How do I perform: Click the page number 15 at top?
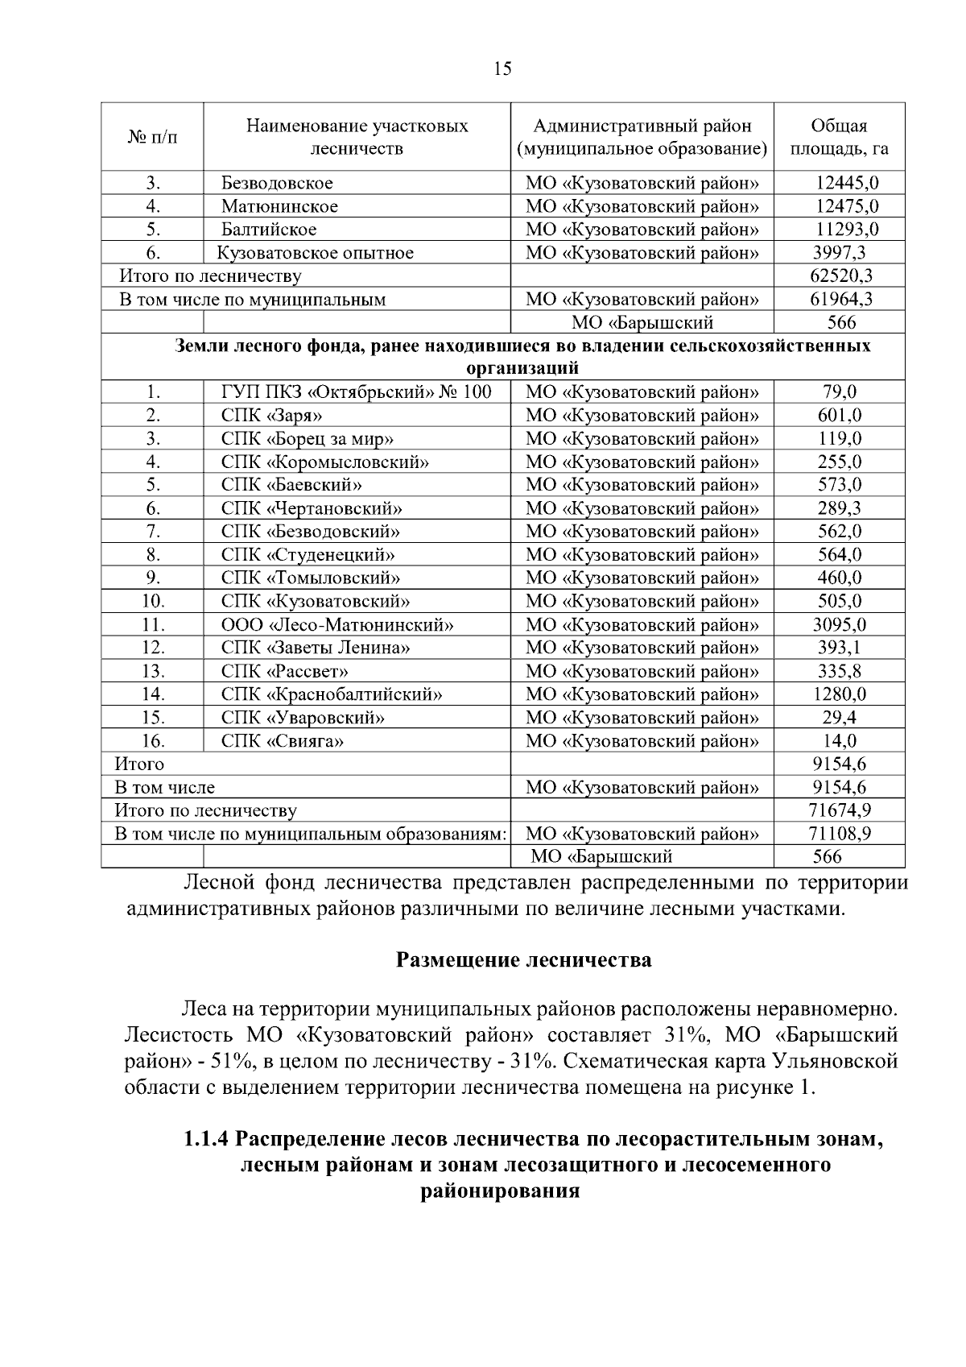[x=501, y=68]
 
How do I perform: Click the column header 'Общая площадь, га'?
[x=839, y=137]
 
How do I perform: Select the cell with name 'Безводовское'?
[x=278, y=184]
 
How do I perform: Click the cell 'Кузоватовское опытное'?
[x=316, y=254]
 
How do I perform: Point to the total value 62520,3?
[x=840, y=276]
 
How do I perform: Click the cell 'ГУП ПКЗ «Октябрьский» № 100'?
[x=356, y=393]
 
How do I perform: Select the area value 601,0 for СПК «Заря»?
[x=838, y=416]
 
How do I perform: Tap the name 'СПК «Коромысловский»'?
[x=324, y=462]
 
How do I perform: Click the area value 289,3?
[x=838, y=509]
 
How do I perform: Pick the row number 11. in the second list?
[x=153, y=625]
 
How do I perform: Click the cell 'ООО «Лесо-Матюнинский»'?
[x=337, y=625]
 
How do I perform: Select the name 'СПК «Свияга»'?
[x=283, y=741]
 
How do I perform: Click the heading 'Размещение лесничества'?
[x=523, y=960]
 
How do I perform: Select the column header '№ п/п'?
[x=152, y=137]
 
